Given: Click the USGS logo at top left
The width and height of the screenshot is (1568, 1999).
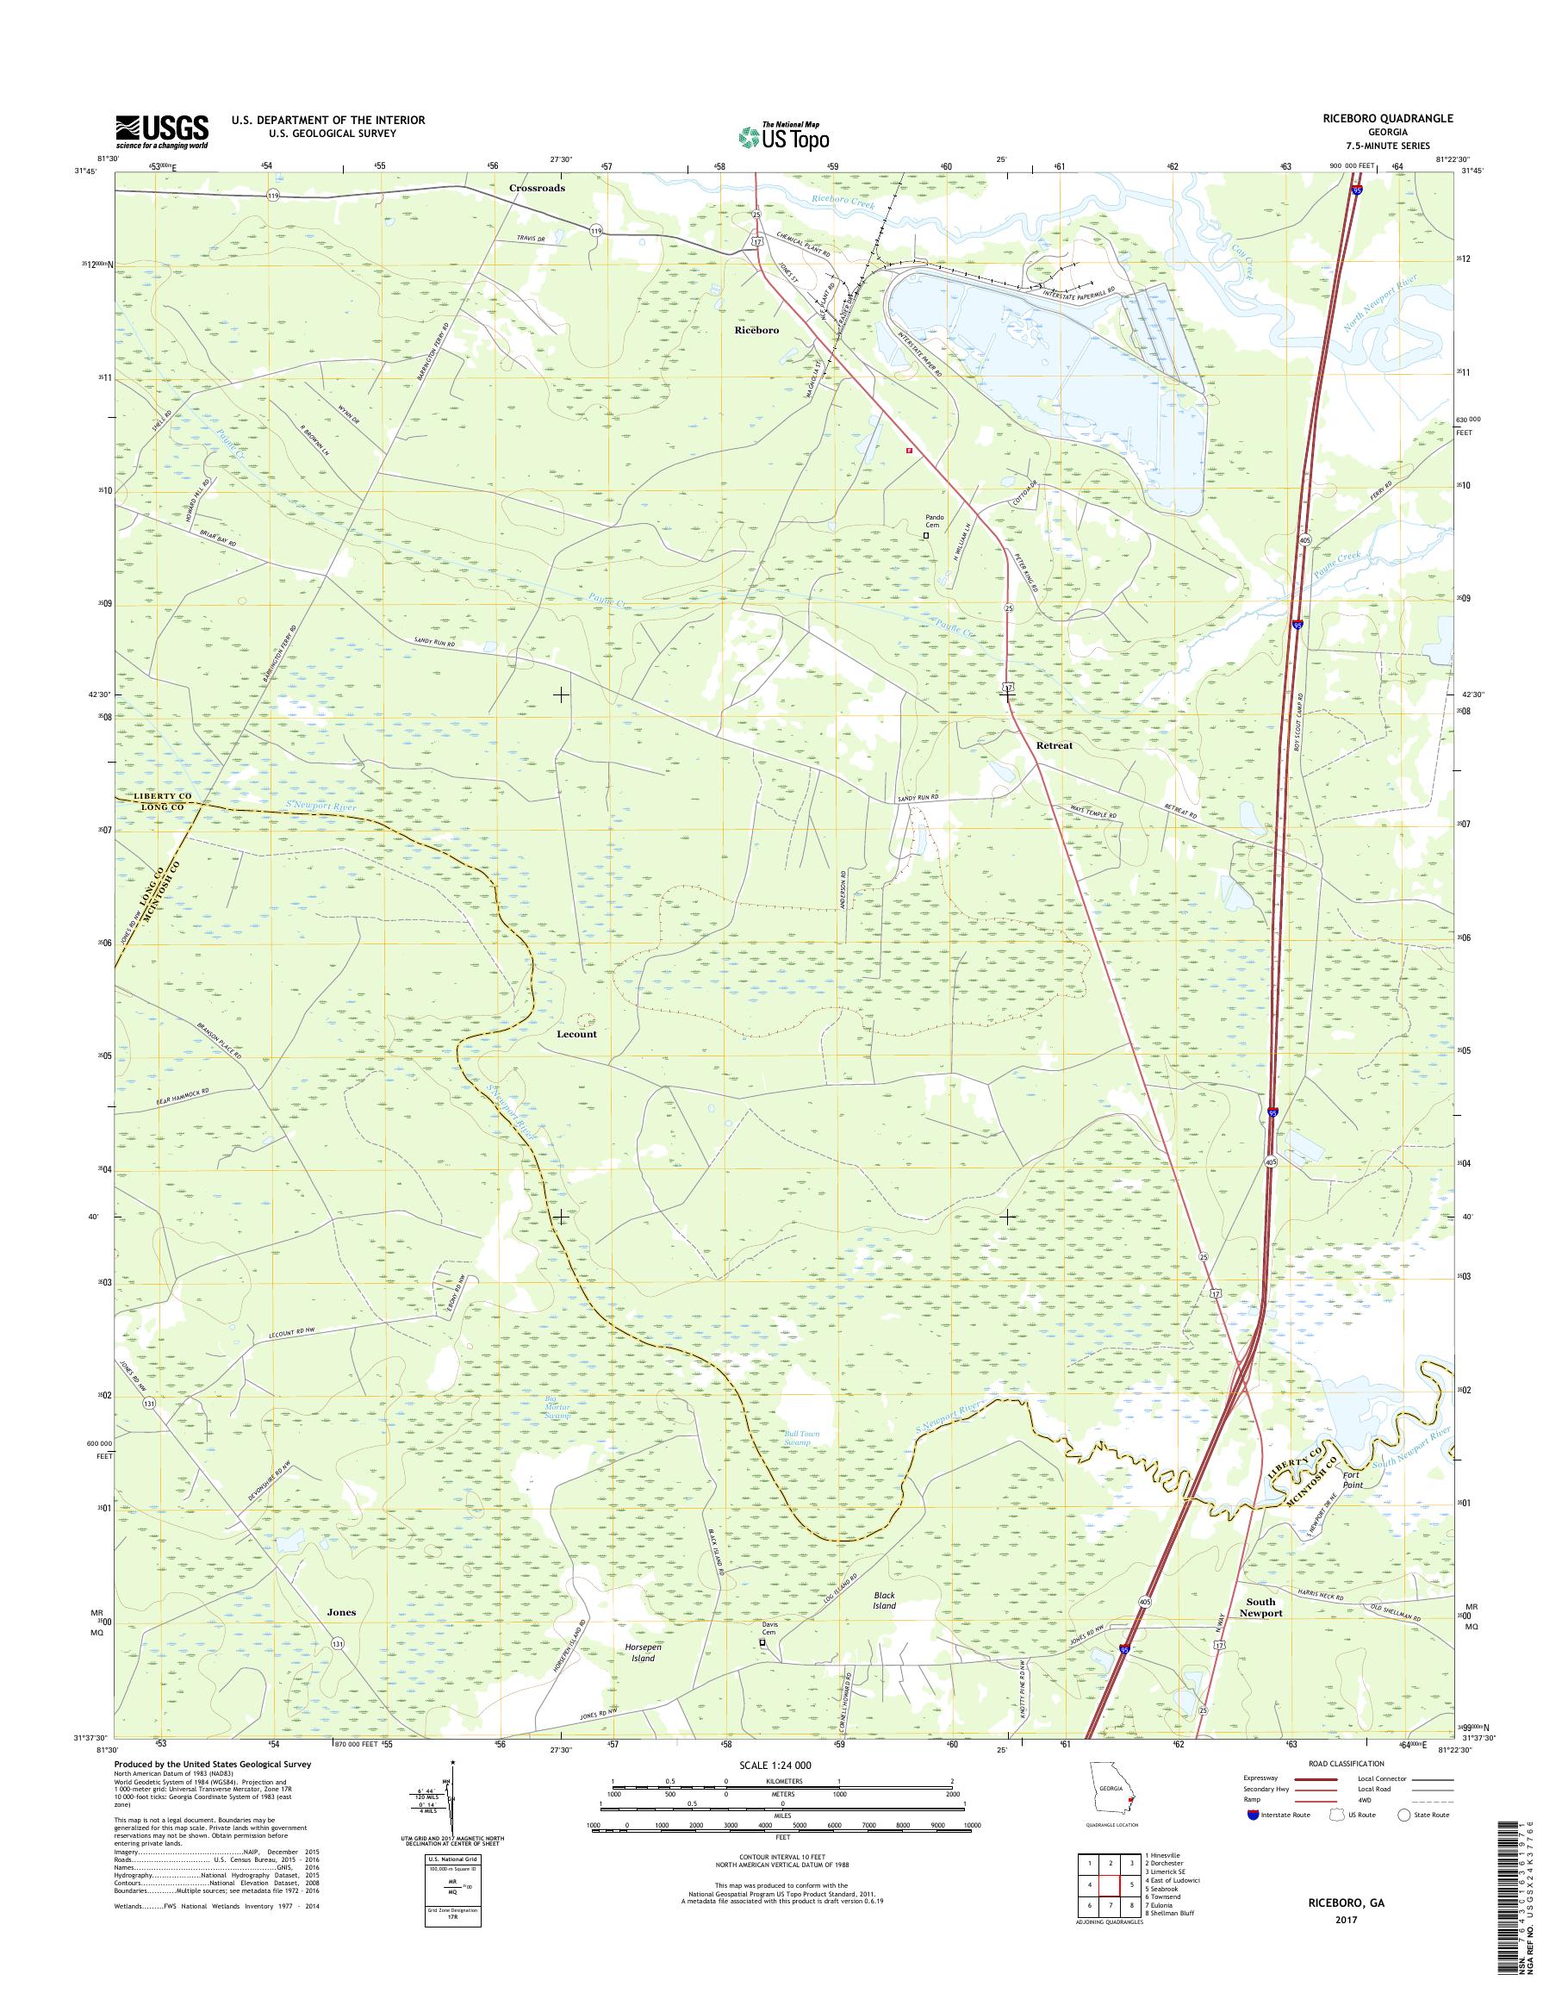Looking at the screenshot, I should pos(162,132).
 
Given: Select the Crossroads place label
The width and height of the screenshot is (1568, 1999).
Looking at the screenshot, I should pos(537,187).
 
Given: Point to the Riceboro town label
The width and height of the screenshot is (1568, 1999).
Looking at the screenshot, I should pos(756,330).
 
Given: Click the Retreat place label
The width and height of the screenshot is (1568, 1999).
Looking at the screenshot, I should pos(1054,745).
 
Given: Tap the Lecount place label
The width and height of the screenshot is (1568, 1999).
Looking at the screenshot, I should pos(576,1034).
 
